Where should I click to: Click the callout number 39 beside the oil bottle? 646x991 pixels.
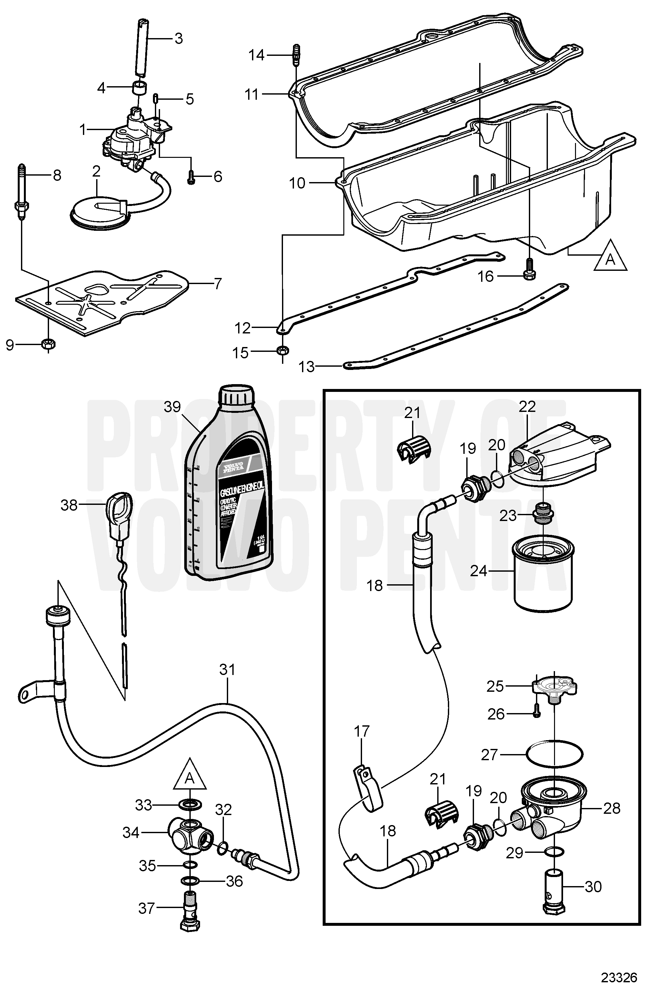tap(172, 407)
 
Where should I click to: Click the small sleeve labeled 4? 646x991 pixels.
tap(140, 88)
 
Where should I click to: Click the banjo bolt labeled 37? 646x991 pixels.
tap(190, 912)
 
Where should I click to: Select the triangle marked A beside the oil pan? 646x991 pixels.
tap(610, 259)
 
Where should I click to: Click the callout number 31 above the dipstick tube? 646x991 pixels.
tap(227, 669)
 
